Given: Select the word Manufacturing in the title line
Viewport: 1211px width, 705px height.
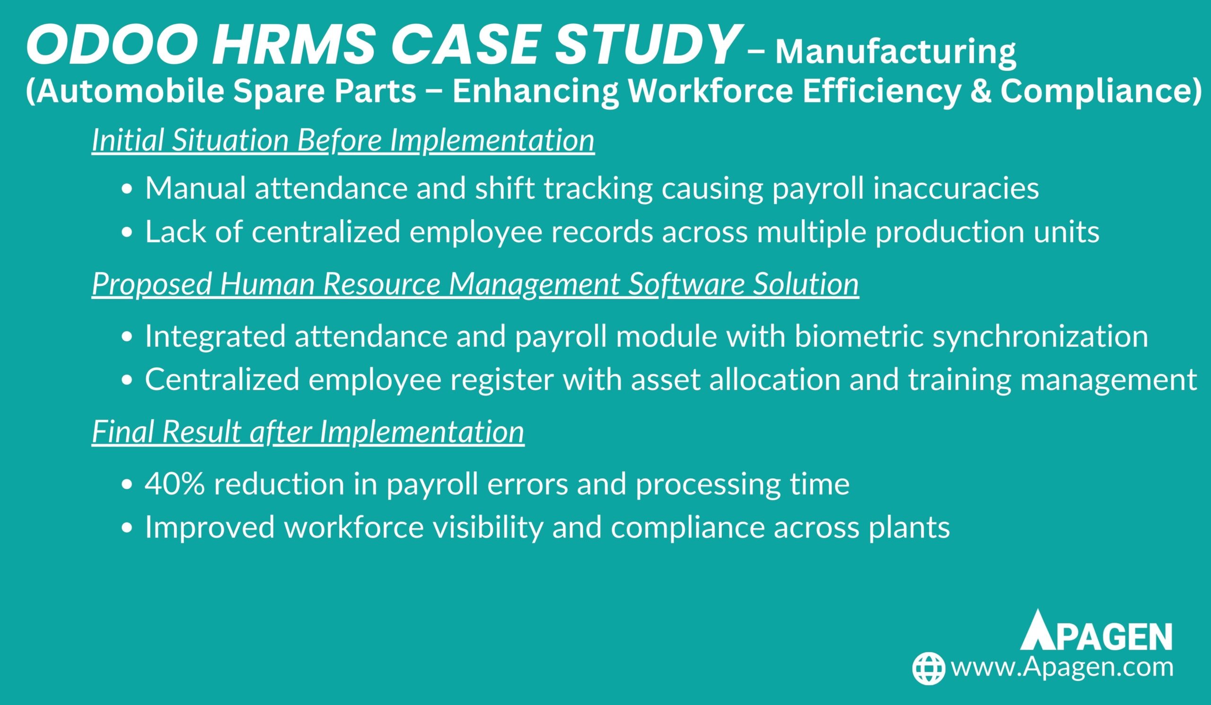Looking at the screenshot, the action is click(896, 52).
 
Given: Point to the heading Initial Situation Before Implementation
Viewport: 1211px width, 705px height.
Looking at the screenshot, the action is click(343, 141).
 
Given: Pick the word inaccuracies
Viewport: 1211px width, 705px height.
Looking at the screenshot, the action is click(957, 188).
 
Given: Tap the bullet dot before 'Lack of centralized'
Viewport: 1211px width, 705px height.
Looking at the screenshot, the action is click(127, 233).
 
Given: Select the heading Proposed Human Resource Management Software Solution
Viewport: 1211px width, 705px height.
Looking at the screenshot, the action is click(475, 284).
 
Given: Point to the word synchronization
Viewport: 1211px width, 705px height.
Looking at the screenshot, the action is click(1040, 336).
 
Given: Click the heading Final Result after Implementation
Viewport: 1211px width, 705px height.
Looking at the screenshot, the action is click(308, 432).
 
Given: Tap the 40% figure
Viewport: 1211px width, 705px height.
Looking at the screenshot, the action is click(175, 484).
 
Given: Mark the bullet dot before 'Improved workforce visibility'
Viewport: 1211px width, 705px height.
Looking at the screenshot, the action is click(127, 528).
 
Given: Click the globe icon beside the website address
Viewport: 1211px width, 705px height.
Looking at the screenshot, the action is click(929, 668).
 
